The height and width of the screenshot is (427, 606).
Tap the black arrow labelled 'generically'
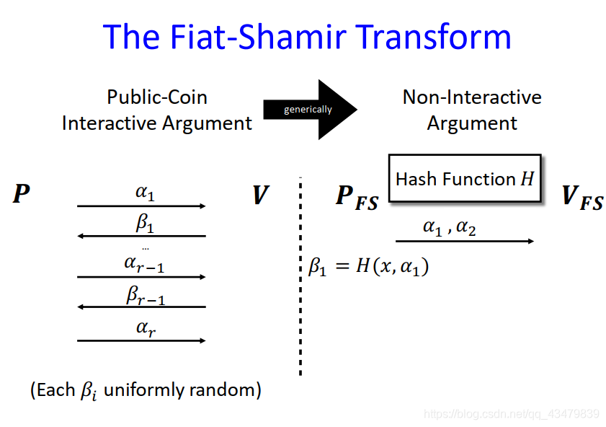click(x=309, y=109)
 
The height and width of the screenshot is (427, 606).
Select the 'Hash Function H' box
click(x=465, y=178)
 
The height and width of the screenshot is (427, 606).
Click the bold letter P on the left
click(x=22, y=194)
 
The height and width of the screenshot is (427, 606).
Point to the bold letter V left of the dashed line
click(x=260, y=195)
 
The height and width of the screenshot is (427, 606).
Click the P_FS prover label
click(x=357, y=198)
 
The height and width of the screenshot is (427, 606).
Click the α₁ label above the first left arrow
click(x=145, y=193)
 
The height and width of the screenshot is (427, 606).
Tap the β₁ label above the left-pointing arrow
click(x=145, y=224)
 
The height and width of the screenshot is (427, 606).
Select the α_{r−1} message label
click(x=144, y=264)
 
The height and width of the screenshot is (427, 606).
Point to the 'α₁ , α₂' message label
click(x=449, y=227)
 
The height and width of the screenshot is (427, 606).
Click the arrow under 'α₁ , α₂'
click(x=465, y=241)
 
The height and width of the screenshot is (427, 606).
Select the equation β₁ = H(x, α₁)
click(x=368, y=267)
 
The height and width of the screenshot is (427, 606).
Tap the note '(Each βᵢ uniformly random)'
click(x=146, y=390)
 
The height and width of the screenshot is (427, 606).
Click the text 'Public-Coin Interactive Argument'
click(x=157, y=110)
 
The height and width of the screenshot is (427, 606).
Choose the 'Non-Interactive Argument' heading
click(x=472, y=110)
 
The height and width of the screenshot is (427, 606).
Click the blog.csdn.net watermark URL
click(x=511, y=414)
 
